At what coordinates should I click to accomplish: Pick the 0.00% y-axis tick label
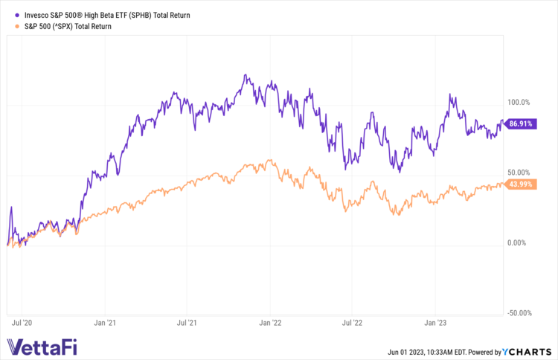point(518,243)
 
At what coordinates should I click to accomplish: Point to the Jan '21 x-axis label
point(105,324)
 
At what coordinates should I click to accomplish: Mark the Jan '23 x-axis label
point(436,324)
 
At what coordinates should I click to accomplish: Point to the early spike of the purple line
point(11,208)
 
